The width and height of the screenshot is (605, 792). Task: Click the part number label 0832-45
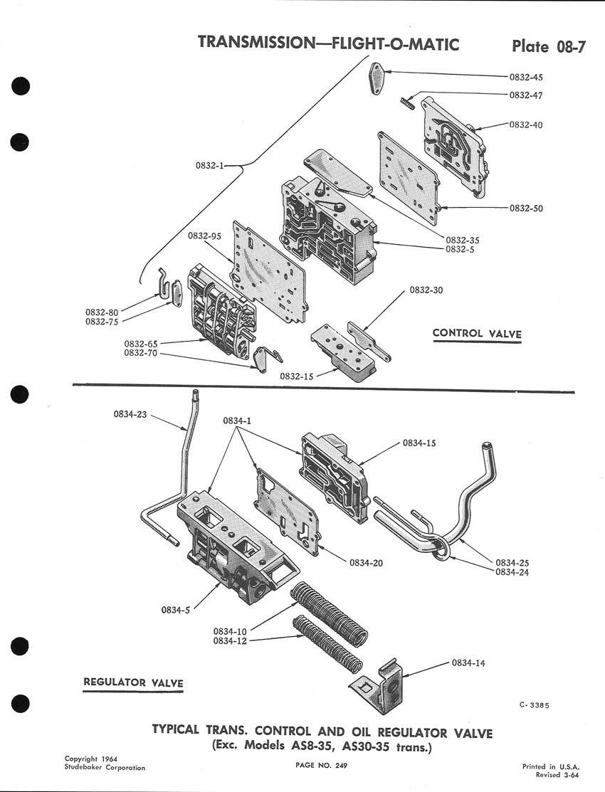coord(526,78)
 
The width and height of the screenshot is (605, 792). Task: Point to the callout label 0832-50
coord(526,208)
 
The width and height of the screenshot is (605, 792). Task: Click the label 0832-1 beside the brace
coord(210,165)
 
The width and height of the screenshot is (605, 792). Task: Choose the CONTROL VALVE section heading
coord(477,333)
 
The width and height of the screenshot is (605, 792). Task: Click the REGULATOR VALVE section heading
coord(133,682)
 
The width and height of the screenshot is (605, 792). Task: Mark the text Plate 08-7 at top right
coord(548,46)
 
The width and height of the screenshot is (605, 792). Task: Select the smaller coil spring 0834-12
coord(327,644)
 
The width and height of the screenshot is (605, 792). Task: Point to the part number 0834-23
coord(130,415)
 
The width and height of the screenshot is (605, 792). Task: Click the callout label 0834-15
coord(419,443)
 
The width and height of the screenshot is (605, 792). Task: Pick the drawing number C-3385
coord(534,705)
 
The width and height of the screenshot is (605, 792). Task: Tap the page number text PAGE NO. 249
coord(322,765)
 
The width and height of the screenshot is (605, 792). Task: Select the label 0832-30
coord(426,290)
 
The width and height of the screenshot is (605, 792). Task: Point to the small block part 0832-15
coord(344,354)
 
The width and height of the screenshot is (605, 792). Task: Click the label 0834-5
coord(175,610)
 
